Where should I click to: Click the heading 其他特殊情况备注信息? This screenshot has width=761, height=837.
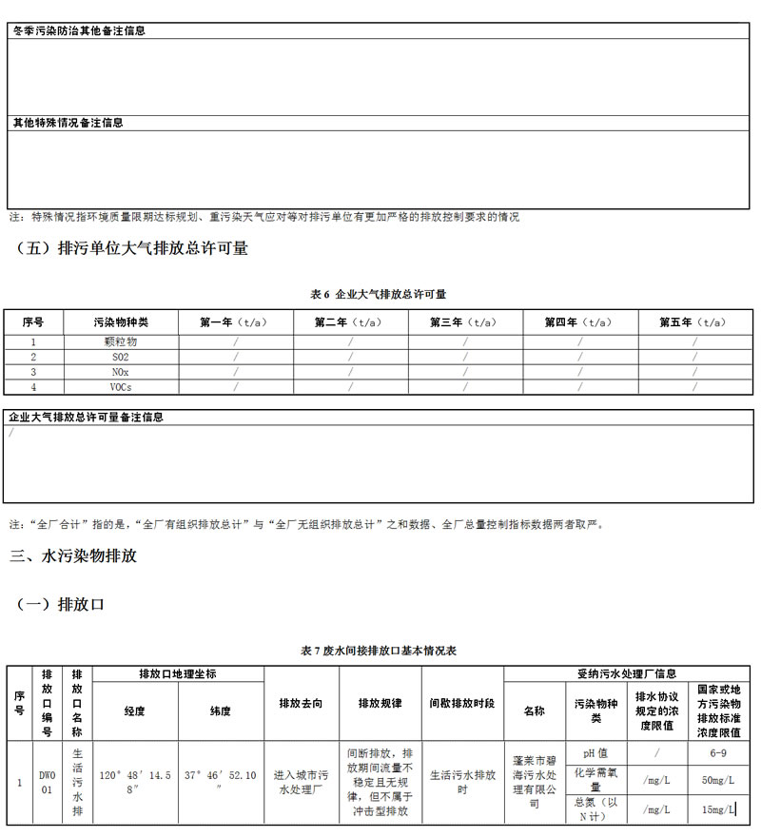(68, 123)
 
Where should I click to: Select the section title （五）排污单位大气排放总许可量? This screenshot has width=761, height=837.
(132, 248)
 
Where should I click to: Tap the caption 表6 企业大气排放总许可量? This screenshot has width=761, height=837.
(379, 294)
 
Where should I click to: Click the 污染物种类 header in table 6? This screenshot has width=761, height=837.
(121, 322)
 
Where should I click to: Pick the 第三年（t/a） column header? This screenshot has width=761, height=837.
(465, 322)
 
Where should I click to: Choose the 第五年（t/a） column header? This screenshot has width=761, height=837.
(695, 322)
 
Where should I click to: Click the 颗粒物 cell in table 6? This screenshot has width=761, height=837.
(121, 341)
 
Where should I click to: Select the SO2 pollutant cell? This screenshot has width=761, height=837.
(121, 357)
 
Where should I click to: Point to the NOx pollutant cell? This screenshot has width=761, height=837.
(121, 372)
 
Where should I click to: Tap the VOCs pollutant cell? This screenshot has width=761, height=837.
(121, 387)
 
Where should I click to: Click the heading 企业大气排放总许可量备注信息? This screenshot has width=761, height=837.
(87, 417)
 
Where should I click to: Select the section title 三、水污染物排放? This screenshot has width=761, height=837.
(73, 555)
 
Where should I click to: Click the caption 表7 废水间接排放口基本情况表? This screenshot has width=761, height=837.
(379, 651)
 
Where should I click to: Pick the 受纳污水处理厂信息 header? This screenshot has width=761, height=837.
(627, 673)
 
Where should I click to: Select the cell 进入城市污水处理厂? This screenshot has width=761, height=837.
(301, 782)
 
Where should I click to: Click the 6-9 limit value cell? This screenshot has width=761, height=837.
(718, 752)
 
